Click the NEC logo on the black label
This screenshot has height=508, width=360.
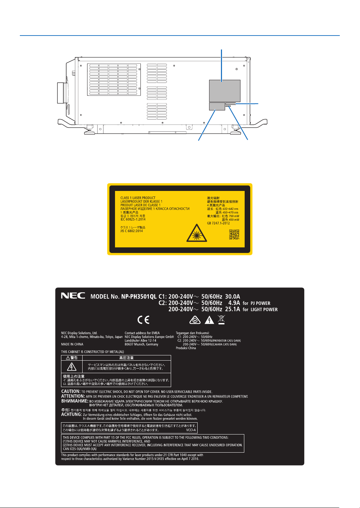[73, 296]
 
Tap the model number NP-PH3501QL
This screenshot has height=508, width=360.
[139, 297]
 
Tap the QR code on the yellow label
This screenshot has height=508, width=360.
[234, 235]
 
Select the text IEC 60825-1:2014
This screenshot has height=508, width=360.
[133, 220]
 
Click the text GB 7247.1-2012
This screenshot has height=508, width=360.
[219, 223]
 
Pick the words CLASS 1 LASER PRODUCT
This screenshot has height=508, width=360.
[138, 198]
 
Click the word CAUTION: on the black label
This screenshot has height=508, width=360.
[71, 392]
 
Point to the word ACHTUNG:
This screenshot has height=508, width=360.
[71, 415]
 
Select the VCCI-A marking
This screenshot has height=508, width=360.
[191, 430]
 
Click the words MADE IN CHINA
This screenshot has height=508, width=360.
[72, 344]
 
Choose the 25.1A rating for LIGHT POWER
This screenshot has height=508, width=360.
[232, 309]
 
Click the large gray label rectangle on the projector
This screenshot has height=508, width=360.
[224, 90]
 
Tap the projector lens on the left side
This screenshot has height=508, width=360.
[62, 93]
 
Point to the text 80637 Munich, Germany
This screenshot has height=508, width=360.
[141, 344]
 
